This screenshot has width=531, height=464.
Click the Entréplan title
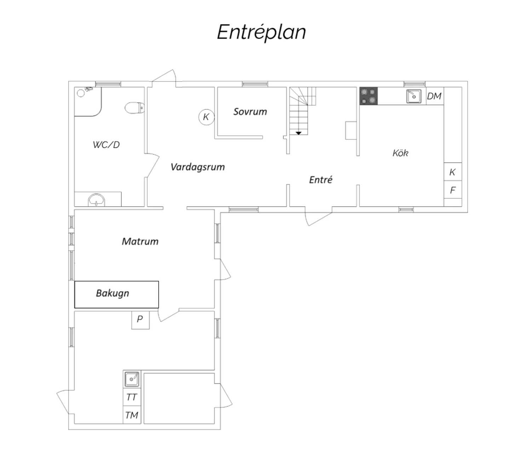tap(261, 32)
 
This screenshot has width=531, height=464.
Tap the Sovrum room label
tap(250, 111)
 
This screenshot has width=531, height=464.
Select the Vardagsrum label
tap(198, 167)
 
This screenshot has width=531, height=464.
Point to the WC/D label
tap(106, 144)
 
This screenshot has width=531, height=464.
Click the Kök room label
tap(400, 153)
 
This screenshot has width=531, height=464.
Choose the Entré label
tap(320, 179)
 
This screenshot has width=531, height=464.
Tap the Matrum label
tap(140, 242)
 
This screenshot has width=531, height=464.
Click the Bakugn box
tap(116, 294)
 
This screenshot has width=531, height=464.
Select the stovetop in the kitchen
tap(369, 96)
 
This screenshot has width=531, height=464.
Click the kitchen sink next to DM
tap(414, 96)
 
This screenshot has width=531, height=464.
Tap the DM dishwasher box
tap(435, 96)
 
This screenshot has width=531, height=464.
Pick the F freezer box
tap(453, 190)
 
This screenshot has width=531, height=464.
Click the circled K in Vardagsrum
tap(206, 117)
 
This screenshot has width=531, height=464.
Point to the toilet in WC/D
tap(135, 108)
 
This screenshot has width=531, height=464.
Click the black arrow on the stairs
tap(298, 133)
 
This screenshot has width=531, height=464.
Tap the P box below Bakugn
tap(141, 320)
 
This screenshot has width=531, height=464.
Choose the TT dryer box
tap(132, 397)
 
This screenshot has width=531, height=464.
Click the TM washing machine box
tap(132, 415)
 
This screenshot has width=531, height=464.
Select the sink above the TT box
tap(132, 379)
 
